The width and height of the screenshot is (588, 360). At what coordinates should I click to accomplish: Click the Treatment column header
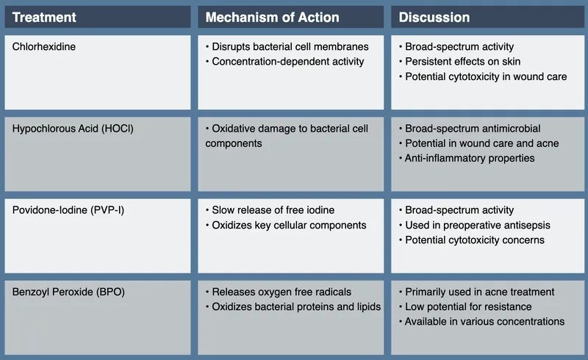click(44, 17)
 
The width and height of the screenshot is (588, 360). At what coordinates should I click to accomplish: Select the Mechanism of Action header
click(272, 17)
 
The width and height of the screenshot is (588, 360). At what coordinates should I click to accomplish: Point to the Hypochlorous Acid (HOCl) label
click(73, 129)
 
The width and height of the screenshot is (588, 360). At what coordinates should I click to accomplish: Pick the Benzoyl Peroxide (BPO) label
click(68, 292)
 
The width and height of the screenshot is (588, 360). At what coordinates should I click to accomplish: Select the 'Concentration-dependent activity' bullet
click(287, 62)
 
